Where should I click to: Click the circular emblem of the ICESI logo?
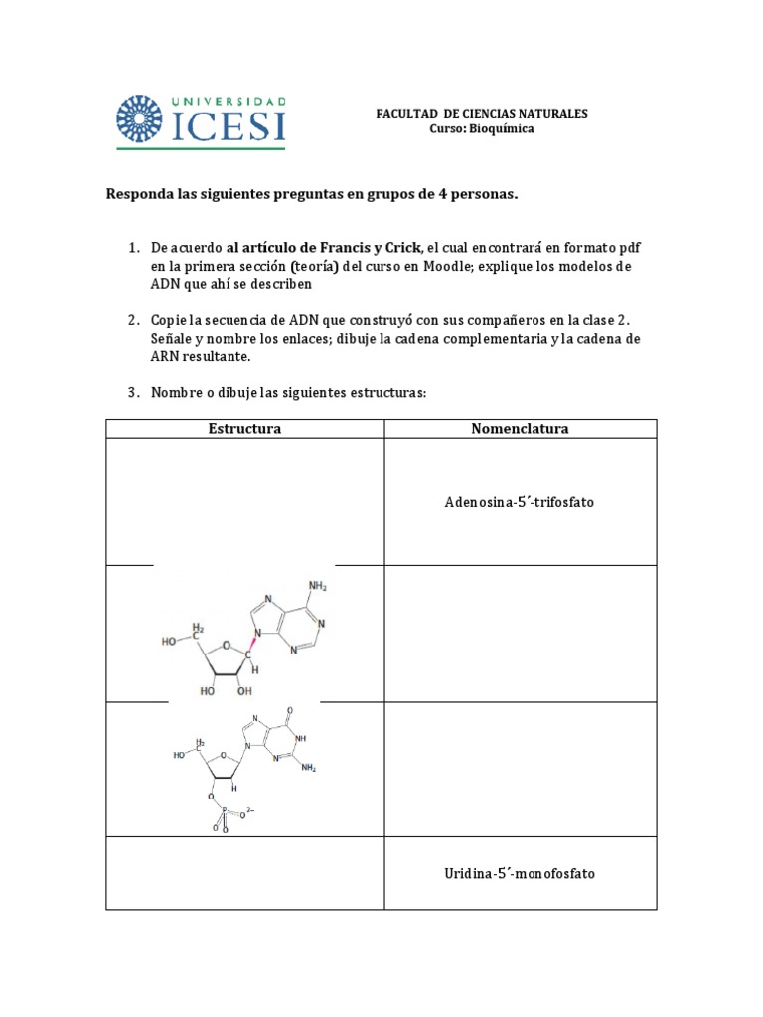point(142,120)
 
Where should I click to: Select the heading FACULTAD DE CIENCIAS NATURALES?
point(481,114)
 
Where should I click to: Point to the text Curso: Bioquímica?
point(481,129)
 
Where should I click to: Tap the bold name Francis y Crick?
point(380,246)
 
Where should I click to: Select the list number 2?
point(132,320)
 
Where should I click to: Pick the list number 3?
point(132,392)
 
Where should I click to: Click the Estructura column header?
point(244,429)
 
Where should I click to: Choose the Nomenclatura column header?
point(520,429)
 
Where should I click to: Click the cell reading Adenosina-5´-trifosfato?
point(520,502)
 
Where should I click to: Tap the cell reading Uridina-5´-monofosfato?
point(520,873)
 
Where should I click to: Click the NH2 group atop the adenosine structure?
point(318,587)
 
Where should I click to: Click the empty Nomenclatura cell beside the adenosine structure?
point(520,634)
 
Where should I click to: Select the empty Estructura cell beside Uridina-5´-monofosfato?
point(244,873)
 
